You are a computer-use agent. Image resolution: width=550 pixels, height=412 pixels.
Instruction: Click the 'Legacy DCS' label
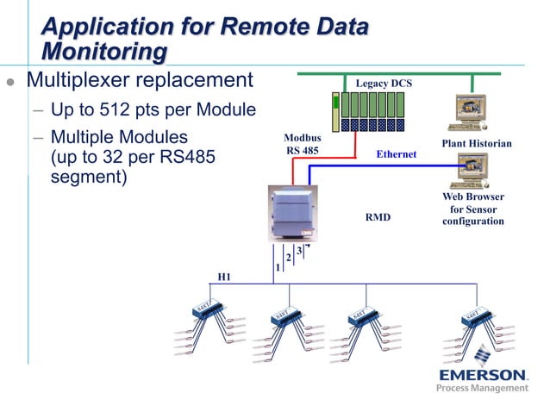tap(384, 83)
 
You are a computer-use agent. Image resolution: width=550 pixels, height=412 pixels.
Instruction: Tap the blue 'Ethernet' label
tap(397, 154)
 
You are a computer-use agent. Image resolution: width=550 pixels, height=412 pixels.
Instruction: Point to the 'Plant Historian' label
tap(477, 143)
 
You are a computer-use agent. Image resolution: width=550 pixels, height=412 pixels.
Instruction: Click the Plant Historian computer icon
tap(472, 113)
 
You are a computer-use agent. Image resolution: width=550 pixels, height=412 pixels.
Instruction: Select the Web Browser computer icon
tap(472, 171)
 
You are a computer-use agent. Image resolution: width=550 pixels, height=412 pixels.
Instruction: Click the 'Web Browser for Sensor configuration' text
tap(472, 209)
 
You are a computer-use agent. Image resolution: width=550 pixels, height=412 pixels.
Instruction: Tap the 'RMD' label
tap(378, 218)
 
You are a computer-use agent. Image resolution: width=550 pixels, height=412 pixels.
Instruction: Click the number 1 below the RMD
tap(277, 268)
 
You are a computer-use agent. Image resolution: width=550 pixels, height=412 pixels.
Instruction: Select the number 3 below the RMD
tap(298, 251)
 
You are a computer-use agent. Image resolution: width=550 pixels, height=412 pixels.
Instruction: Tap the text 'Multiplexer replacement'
tap(140, 81)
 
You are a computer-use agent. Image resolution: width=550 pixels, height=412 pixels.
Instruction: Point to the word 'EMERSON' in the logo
tap(483, 376)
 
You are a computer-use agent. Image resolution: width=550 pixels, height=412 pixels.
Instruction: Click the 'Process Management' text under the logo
tap(483, 389)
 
